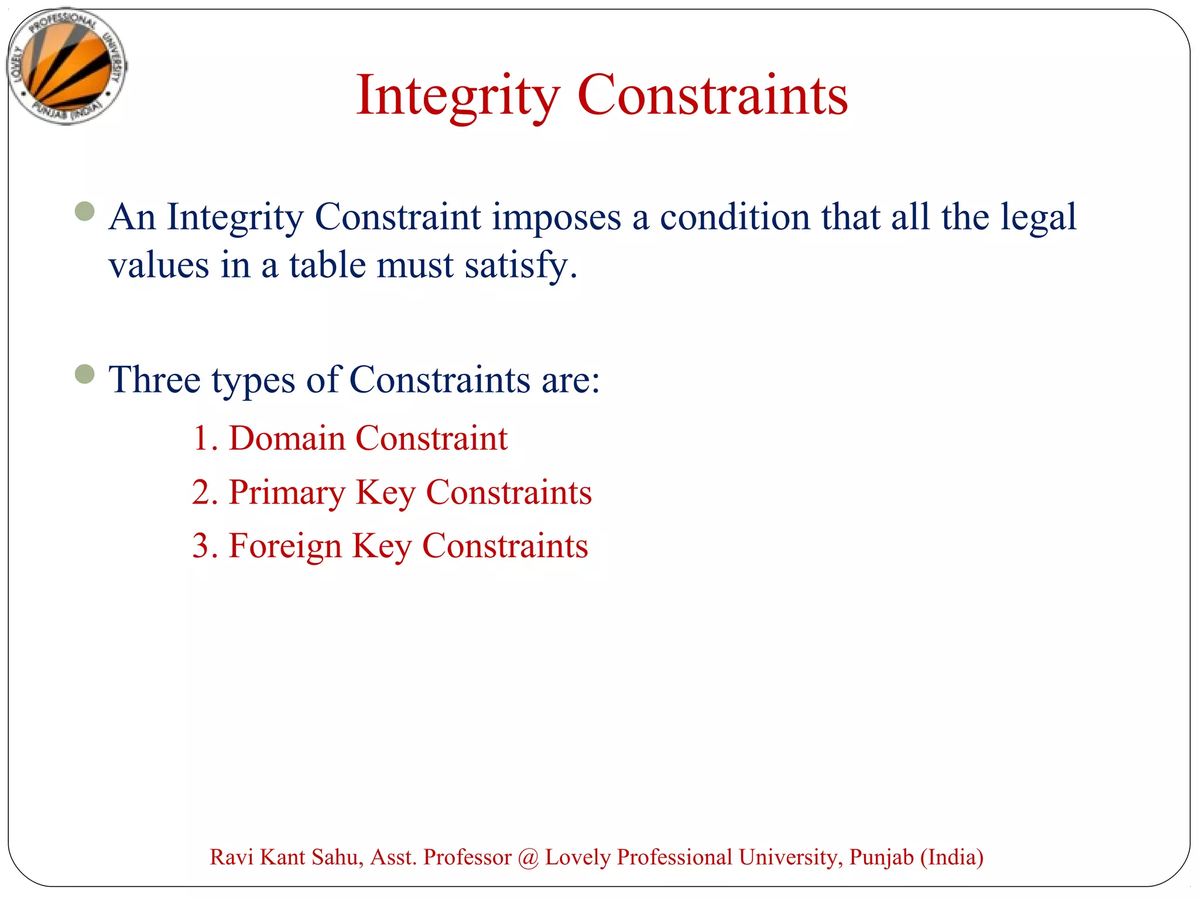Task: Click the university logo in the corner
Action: click(x=66, y=66)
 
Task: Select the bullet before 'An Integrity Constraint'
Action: click(x=85, y=211)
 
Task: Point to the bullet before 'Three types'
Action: click(x=85, y=374)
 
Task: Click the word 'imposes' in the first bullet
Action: click(x=556, y=218)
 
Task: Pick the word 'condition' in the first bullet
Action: click(x=735, y=217)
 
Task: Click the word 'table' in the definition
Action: click(x=327, y=265)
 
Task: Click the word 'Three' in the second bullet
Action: click(x=155, y=380)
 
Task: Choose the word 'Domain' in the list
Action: click(x=287, y=438)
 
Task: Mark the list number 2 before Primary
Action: click(x=201, y=493)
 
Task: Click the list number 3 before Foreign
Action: click(x=201, y=546)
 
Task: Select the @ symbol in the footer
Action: click(x=528, y=858)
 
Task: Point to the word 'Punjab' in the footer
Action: click(x=881, y=857)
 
